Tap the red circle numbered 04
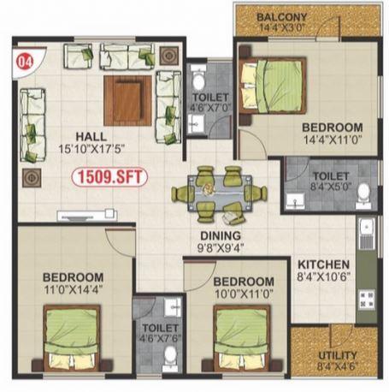(26, 62)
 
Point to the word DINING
(221, 235)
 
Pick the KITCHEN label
(323, 264)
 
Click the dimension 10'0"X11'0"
(244, 294)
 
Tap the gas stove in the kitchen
(366, 300)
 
